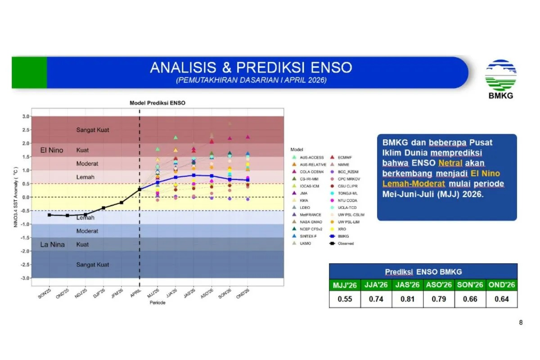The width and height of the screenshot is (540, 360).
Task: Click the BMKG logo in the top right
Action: point(500,79)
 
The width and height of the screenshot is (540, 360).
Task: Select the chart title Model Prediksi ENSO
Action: point(157,103)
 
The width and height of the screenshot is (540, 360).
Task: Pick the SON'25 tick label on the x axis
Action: point(45,296)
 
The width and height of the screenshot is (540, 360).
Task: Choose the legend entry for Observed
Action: point(347,243)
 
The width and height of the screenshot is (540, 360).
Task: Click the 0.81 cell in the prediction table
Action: point(407,299)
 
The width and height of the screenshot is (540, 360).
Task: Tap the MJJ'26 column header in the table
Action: point(345,285)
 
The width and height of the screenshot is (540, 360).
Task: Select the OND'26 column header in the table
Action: point(501,285)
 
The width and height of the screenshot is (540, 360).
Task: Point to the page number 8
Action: point(521,322)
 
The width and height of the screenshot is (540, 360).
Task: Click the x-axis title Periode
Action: point(157,303)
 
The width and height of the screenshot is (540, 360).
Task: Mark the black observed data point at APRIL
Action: point(139,189)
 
